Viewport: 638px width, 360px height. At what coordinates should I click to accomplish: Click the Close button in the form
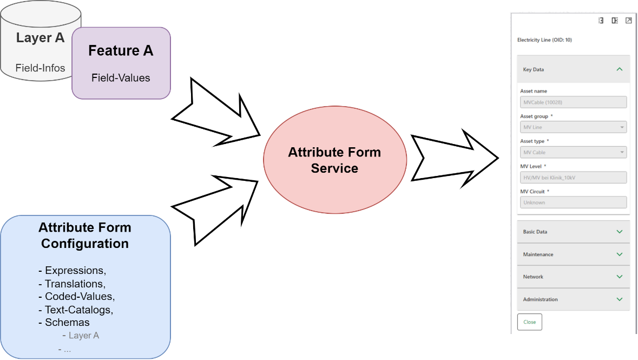pyautogui.click(x=529, y=322)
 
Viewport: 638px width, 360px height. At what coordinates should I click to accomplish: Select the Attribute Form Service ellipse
pyautogui.click(x=334, y=160)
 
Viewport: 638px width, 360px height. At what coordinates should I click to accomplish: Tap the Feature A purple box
pyautogui.click(x=121, y=63)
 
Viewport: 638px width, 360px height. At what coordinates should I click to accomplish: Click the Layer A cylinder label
pyautogui.click(x=40, y=38)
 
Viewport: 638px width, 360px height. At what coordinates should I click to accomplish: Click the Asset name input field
pyautogui.click(x=573, y=102)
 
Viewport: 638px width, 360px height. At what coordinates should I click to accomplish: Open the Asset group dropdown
pyautogui.click(x=573, y=127)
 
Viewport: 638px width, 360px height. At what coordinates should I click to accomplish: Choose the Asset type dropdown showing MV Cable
pyautogui.click(x=573, y=152)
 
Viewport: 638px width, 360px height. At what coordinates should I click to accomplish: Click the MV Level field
pyautogui.click(x=573, y=178)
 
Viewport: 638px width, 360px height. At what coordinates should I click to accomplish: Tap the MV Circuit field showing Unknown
pyautogui.click(x=573, y=202)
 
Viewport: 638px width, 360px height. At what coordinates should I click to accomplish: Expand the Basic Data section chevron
pyautogui.click(x=620, y=232)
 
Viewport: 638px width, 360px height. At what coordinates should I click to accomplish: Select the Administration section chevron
pyautogui.click(x=620, y=299)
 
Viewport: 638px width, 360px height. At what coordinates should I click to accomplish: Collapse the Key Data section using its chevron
pyautogui.click(x=620, y=69)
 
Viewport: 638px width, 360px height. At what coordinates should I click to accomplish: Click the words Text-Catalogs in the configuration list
pyautogui.click(x=78, y=310)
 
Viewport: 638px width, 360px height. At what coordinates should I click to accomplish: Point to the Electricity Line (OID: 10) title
pyautogui.click(x=544, y=40)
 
